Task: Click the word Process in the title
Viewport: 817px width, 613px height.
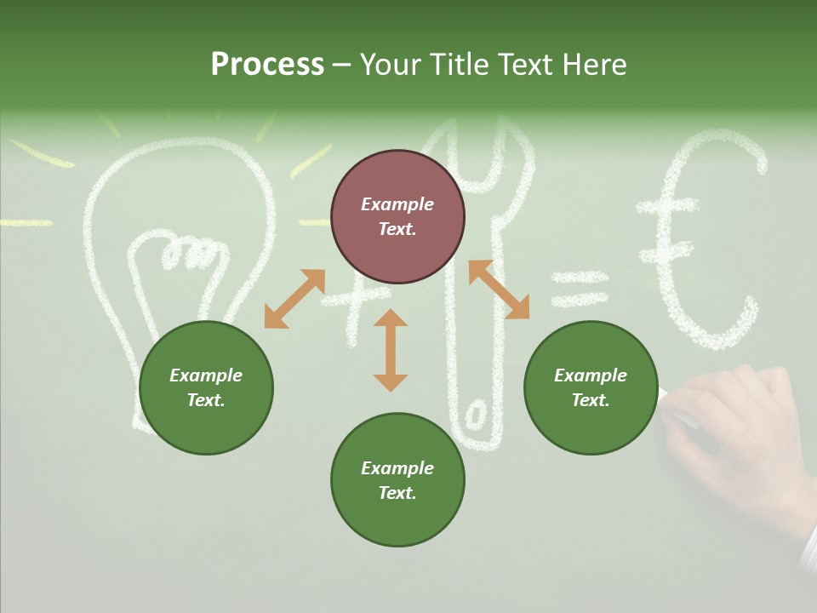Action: (x=267, y=65)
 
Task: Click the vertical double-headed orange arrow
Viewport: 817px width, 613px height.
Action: (x=391, y=350)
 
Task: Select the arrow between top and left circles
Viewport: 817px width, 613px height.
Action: (x=294, y=298)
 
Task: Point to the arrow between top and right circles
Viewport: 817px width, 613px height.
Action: (x=499, y=289)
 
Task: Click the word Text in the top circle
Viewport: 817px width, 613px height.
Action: (x=397, y=229)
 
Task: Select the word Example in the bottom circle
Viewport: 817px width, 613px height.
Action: (x=397, y=468)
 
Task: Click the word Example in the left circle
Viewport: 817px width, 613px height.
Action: (x=206, y=375)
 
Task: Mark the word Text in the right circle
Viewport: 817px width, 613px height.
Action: (x=590, y=400)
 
